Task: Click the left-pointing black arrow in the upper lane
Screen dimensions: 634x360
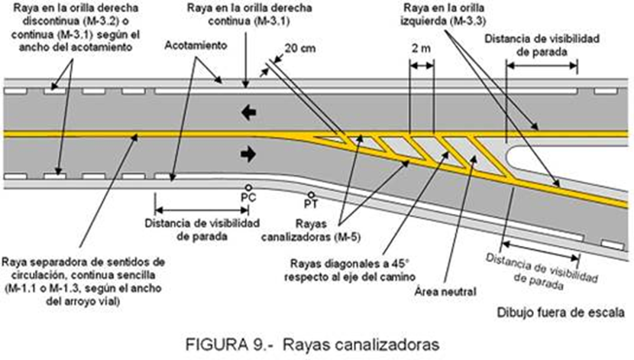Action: [249, 112]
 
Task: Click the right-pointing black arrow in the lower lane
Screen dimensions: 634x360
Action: [248, 154]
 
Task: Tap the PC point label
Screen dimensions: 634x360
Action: [248, 198]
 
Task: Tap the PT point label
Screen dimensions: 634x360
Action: [311, 204]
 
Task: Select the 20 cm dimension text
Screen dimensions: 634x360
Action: [300, 49]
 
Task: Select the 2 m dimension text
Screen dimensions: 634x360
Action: [422, 49]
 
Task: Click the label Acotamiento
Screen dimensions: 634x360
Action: [196, 45]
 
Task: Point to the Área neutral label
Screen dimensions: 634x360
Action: [445, 292]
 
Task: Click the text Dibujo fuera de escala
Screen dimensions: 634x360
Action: [561, 313]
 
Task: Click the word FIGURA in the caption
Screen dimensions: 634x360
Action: [216, 345]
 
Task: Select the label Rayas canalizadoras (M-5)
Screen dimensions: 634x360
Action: [311, 230]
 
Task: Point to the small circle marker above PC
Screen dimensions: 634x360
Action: [248, 188]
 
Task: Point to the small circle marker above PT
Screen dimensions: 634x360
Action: [311, 195]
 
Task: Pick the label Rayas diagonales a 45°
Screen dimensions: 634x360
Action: [350, 264]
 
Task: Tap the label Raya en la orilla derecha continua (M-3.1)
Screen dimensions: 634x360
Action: [249, 15]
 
